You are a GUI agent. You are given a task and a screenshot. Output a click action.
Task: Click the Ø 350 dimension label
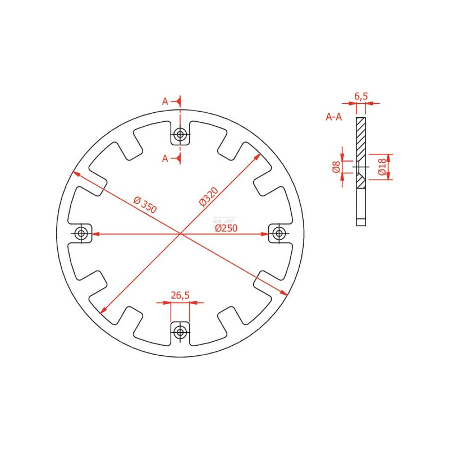(x=145, y=204)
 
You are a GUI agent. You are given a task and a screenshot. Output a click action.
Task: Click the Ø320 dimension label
(x=209, y=196)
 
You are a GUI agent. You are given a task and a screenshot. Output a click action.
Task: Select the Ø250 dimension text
(x=226, y=228)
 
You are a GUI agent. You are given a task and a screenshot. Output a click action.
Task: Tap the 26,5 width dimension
(x=180, y=295)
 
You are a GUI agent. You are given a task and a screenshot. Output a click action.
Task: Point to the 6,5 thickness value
(x=361, y=96)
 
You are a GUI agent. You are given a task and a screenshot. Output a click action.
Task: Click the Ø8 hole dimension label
(x=336, y=167)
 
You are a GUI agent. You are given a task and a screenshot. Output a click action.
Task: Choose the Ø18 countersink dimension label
(x=382, y=167)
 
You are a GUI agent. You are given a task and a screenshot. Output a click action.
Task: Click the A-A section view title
(x=334, y=117)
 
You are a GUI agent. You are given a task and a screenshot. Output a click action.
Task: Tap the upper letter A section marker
(x=165, y=102)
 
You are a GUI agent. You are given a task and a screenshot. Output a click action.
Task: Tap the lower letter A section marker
(x=165, y=158)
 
